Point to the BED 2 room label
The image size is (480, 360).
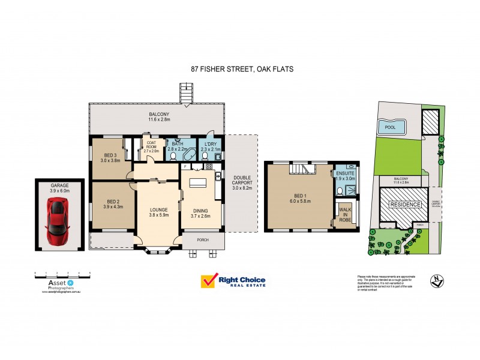click(114, 204)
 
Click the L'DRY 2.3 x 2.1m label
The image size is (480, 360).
click(210, 146)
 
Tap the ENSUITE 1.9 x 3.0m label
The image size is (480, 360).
click(346, 175)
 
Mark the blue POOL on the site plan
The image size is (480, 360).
click(391, 127)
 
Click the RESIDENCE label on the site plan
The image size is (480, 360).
click(406, 205)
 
